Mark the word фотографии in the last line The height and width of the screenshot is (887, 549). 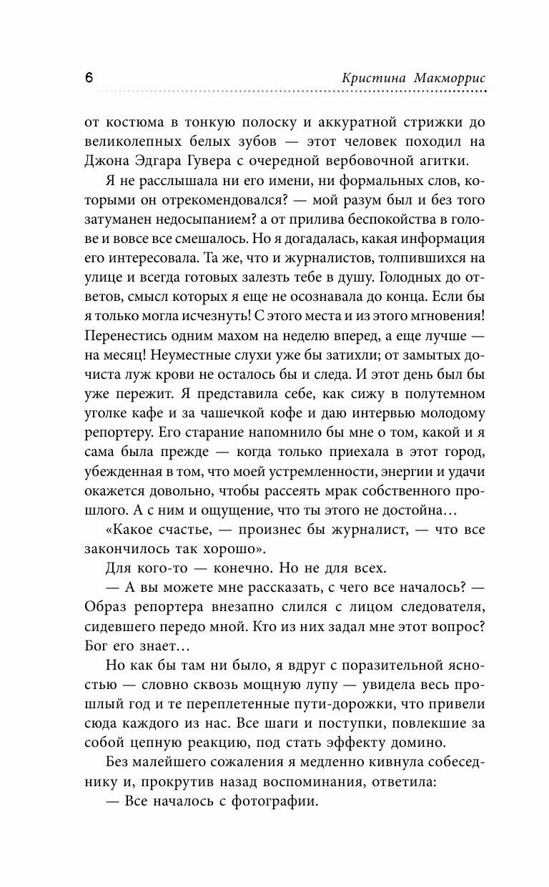pyautogui.click(x=276, y=803)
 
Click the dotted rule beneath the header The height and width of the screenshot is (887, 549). pyautogui.click(x=286, y=92)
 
